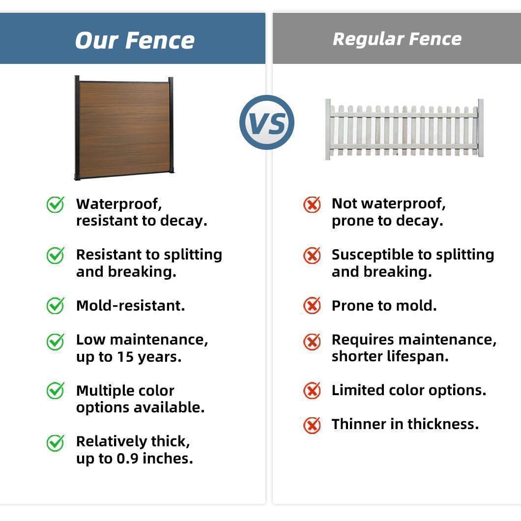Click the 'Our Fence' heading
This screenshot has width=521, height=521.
coord(135,40)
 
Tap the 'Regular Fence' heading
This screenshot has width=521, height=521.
coord(397,39)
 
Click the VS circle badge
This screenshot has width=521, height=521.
coord(267,122)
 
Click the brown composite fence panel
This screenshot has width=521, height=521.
coord(124,128)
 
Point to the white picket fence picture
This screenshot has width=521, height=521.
coord(405,129)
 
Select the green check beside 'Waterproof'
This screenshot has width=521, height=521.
coord(55,204)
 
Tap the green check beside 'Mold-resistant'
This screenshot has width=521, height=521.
coord(55,305)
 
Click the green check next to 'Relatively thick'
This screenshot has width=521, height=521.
coord(55,443)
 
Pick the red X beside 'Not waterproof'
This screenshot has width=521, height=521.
coord(312,204)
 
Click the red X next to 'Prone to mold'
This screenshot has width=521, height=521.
coord(312,305)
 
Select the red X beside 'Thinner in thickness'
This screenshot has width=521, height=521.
coord(312,425)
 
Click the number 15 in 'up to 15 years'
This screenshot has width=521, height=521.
coord(125,357)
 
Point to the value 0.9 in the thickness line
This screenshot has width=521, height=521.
coord(127,459)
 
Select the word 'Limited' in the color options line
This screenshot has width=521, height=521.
coord(358,390)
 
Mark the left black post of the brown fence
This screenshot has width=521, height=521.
coord(77,128)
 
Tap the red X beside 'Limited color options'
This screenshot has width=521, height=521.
coord(312,390)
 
